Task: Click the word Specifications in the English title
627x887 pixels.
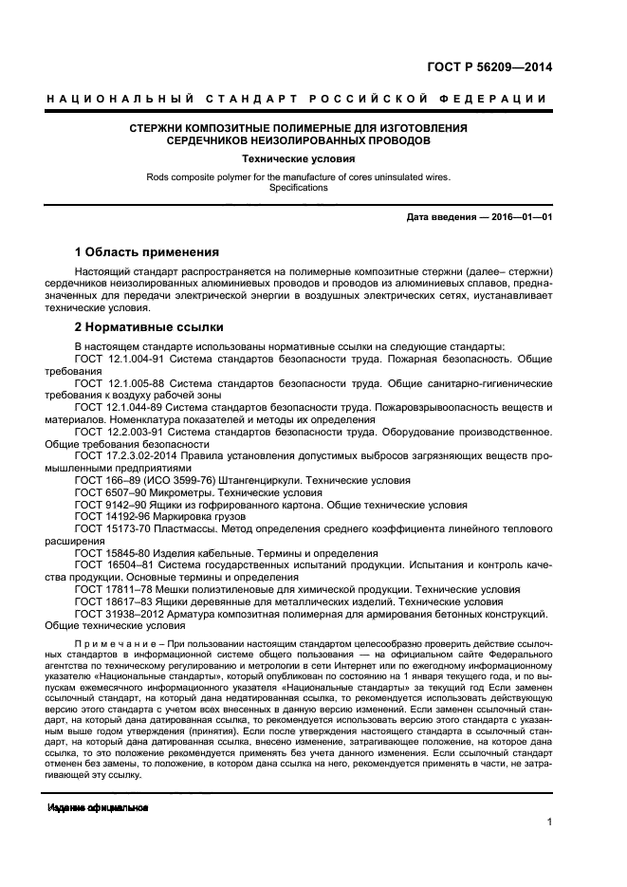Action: tap(298, 188)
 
